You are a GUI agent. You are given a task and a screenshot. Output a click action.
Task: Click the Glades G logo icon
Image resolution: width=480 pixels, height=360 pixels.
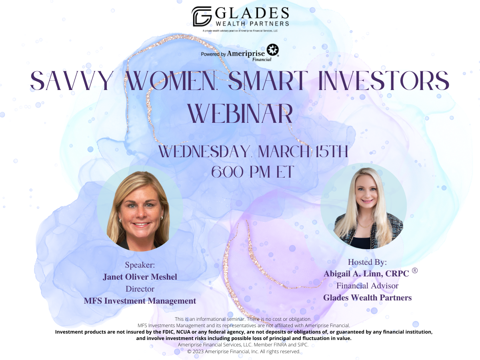coord(202,16)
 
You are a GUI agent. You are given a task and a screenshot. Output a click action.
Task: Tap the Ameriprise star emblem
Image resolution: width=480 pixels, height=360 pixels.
coord(272,50)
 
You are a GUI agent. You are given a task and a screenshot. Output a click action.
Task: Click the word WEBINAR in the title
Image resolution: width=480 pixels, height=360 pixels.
coord(240,114)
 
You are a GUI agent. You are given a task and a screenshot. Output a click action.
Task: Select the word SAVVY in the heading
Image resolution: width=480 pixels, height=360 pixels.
coord(71,80)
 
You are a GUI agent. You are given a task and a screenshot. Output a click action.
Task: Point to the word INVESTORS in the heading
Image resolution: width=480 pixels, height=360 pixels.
coord(384,80)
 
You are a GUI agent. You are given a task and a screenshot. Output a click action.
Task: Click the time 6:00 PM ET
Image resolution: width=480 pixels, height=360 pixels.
coord(252,172)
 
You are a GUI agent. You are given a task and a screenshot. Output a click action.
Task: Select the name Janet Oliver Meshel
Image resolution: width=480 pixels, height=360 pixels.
coord(140,277)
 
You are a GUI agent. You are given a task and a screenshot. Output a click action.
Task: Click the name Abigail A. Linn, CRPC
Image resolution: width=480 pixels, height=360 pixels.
coord(366,274)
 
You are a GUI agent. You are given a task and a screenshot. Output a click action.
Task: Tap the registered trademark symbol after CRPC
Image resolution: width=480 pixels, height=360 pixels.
coord(415,271)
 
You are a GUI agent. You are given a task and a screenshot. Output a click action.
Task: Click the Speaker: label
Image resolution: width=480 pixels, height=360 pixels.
coord(140,265)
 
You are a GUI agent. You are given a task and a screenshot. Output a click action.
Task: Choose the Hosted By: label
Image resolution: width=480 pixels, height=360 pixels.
coord(367,262)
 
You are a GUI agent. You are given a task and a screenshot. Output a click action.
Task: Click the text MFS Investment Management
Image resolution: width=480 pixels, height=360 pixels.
coord(140,301)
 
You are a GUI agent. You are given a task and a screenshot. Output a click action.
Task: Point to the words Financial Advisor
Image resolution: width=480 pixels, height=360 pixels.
coord(367,286)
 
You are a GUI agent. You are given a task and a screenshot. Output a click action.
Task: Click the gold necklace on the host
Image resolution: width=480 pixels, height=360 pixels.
coord(365,223)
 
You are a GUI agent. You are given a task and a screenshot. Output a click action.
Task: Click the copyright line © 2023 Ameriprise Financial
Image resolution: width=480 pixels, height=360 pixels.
coord(244,352)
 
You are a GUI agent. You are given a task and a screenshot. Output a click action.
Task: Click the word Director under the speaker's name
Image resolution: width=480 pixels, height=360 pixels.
coord(140,289)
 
